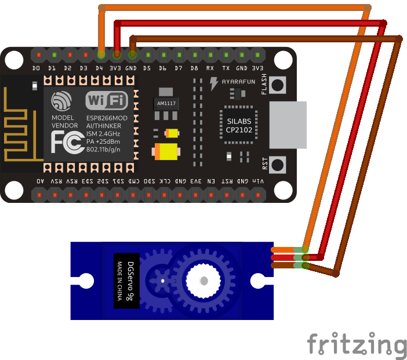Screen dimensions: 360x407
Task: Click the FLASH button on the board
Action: point(279,85)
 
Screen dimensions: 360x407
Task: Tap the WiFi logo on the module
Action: point(107,101)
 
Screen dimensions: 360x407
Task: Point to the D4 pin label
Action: point(100,68)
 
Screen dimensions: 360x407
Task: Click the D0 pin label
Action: point(37,68)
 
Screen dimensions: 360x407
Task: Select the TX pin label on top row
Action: point(226,68)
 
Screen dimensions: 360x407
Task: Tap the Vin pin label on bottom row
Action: point(257,181)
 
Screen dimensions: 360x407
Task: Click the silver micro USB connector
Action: point(288,124)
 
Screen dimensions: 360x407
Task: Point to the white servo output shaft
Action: point(203,281)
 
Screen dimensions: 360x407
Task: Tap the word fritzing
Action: point(357,344)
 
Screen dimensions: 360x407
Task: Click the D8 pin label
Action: point(194,68)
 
